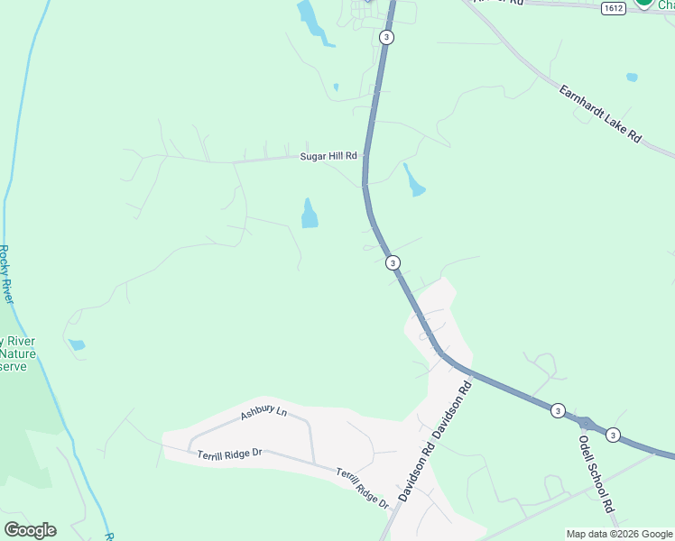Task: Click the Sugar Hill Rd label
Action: (328, 156)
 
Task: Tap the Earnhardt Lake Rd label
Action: (599, 115)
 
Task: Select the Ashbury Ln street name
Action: (264, 413)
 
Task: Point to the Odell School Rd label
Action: (596, 475)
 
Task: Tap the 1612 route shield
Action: (612, 7)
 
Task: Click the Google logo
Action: (30, 530)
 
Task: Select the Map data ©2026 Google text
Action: (619, 534)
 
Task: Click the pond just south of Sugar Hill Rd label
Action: (310, 214)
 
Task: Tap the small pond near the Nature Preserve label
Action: (77, 344)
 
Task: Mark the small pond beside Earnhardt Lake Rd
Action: (632, 78)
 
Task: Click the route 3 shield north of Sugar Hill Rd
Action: (387, 37)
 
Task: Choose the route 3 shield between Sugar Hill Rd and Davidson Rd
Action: (393, 262)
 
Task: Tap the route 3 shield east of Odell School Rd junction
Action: (613, 435)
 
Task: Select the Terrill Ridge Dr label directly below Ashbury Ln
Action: (229, 453)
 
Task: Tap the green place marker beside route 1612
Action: (644, 4)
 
